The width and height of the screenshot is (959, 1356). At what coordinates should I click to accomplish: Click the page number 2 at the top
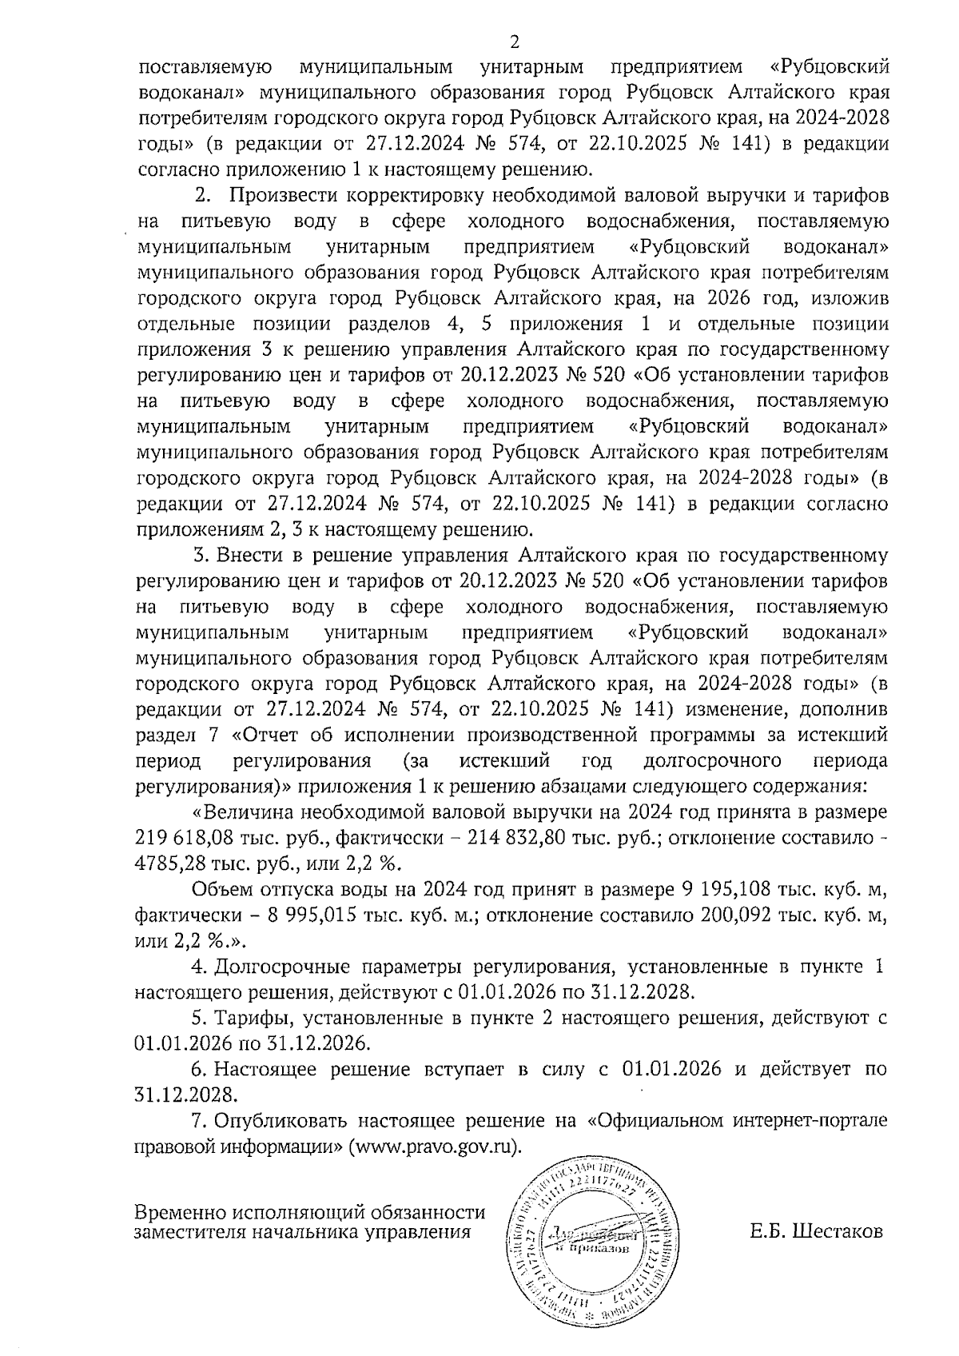[514, 42]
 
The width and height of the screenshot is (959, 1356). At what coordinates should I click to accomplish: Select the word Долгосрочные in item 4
[280, 967]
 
